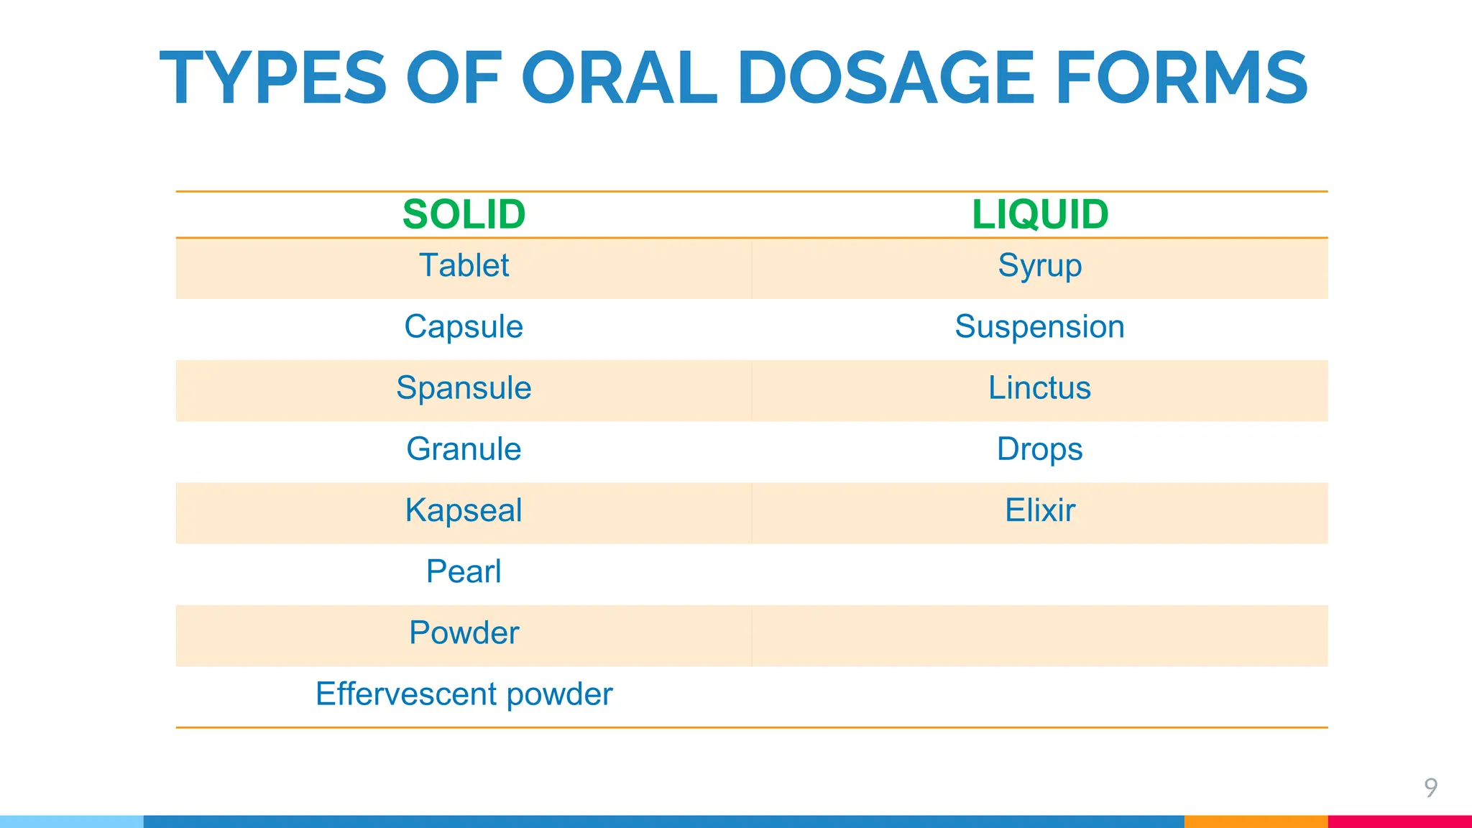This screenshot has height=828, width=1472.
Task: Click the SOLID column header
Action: pos(464,214)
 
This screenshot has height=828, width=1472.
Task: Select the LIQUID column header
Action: pos(1039,214)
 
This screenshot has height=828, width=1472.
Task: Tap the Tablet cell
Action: pos(464,265)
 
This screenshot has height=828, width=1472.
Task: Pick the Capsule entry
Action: pos(464,327)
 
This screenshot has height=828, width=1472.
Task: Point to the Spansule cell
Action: pos(464,388)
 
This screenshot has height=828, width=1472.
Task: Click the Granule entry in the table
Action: pos(464,449)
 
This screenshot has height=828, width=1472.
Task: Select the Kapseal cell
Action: pos(464,510)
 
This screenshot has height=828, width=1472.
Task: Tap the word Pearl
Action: pos(464,571)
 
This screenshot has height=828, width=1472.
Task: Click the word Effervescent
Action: pos(406,694)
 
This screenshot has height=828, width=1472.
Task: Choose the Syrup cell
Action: pos(1039,266)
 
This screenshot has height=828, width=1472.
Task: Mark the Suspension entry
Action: pos(1039,327)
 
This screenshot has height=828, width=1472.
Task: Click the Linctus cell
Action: pos(1039,388)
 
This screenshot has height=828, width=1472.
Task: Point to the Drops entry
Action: pos(1039,450)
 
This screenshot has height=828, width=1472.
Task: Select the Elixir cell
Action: pos(1039,510)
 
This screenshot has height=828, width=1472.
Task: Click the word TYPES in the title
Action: pos(273,78)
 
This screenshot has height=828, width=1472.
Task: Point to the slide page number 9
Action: pos(1430,788)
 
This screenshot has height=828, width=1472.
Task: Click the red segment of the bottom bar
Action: pos(1399,822)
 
